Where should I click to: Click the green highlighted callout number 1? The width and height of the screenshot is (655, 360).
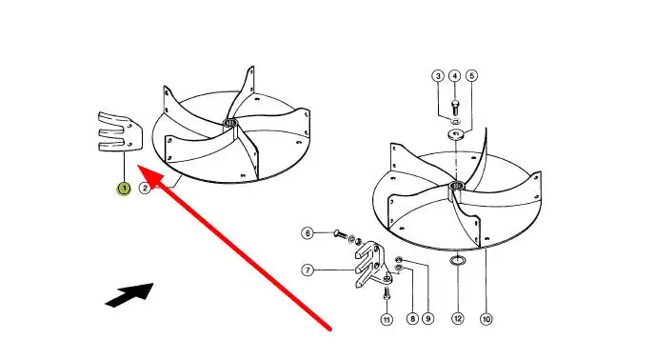click(124, 189)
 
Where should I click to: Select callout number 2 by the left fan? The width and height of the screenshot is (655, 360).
click(145, 189)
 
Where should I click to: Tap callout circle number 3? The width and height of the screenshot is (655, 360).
click(438, 76)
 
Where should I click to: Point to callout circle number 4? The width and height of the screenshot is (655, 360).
click(454, 76)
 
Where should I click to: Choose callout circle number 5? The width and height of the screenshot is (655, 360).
click(471, 76)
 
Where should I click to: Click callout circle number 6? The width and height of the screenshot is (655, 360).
click(308, 233)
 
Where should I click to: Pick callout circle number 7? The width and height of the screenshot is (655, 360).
click(308, 270)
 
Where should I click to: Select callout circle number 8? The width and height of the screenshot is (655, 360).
click(412, 319)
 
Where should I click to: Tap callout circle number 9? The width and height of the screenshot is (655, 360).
click(427, 319)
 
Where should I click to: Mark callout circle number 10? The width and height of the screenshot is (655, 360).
click(486, 319)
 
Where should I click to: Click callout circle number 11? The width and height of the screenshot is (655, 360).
click(387, 320)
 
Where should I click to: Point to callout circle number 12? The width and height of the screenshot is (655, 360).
click(458, 319)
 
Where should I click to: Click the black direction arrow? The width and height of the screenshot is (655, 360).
click(129, 294)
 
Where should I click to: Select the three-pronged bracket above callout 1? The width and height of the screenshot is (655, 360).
click(121, 131)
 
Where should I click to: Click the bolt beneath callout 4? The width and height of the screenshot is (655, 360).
click(455, 108)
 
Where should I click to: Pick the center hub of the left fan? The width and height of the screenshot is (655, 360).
click(229, 123)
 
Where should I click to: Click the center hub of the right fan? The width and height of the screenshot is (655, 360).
click(457, 185)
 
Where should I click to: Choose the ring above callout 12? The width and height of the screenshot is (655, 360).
click(458, 261)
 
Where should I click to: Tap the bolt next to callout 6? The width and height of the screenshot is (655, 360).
click(341, 235)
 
